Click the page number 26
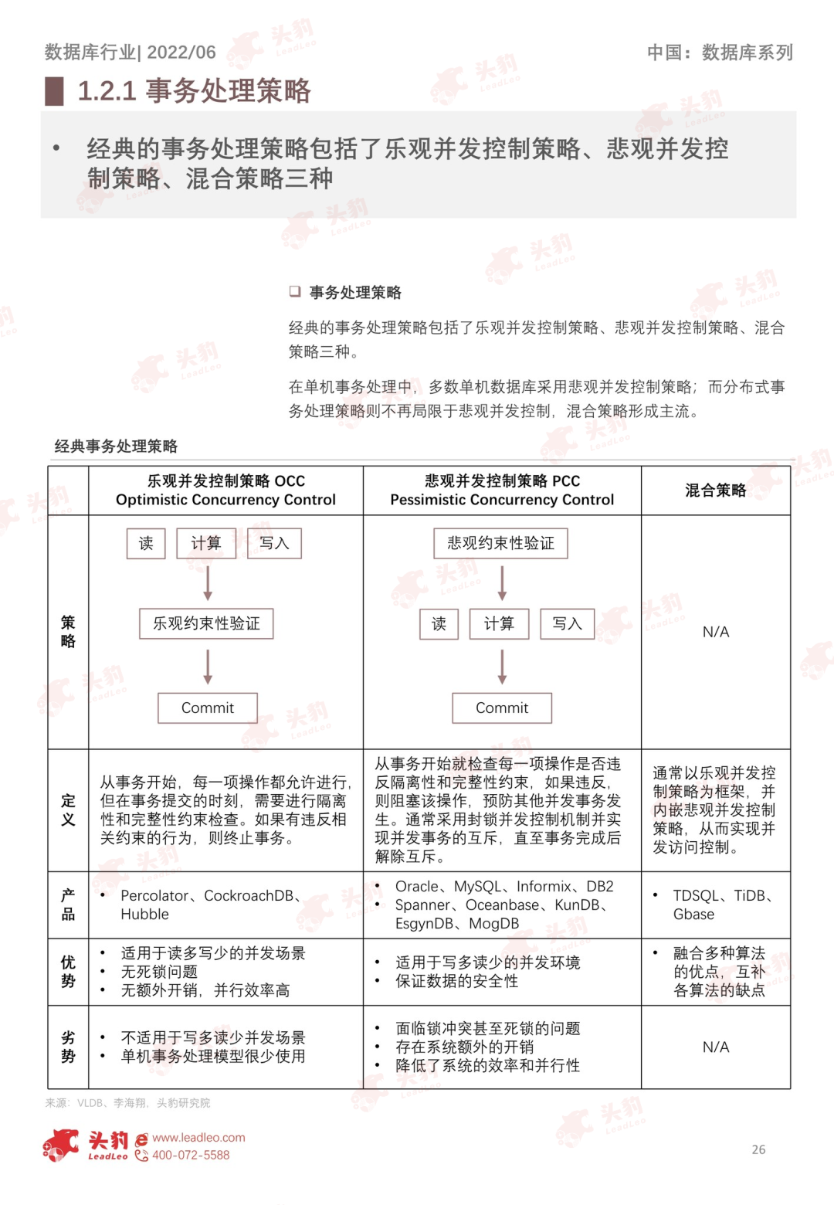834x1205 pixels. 758,1149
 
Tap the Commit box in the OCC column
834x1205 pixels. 208,708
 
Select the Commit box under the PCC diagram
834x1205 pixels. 502,708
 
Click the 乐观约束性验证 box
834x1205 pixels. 206,623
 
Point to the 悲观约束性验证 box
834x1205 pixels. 500,543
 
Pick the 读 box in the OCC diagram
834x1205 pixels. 146,543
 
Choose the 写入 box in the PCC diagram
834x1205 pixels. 567,623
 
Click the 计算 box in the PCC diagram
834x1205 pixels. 499,623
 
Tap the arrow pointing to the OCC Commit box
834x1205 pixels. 208,666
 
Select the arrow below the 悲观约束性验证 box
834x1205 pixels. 502,583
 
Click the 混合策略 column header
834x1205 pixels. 715,490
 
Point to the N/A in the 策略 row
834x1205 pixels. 715,632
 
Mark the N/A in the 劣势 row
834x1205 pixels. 715,1047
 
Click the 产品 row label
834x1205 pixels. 68,905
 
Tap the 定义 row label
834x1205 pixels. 68,810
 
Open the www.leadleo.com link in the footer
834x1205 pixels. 198,1137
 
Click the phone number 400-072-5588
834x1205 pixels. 191,1155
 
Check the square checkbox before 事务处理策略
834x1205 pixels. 294,291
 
